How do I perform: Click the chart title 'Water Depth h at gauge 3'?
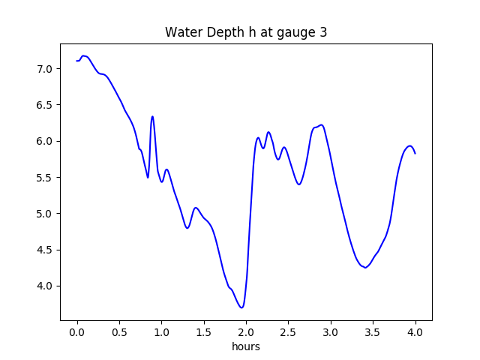246,32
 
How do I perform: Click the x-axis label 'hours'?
246,346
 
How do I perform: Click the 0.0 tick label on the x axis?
77,331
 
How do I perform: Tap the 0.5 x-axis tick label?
119,331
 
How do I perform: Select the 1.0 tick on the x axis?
161,331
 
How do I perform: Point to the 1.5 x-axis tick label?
204,331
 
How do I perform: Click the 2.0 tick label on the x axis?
246,331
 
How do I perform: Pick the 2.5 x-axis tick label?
289,331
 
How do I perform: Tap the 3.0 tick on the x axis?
331,331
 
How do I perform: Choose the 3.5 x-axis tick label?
373,331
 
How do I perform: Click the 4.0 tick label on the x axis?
415,331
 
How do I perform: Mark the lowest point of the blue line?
241,307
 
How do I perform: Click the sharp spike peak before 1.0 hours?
152,117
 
